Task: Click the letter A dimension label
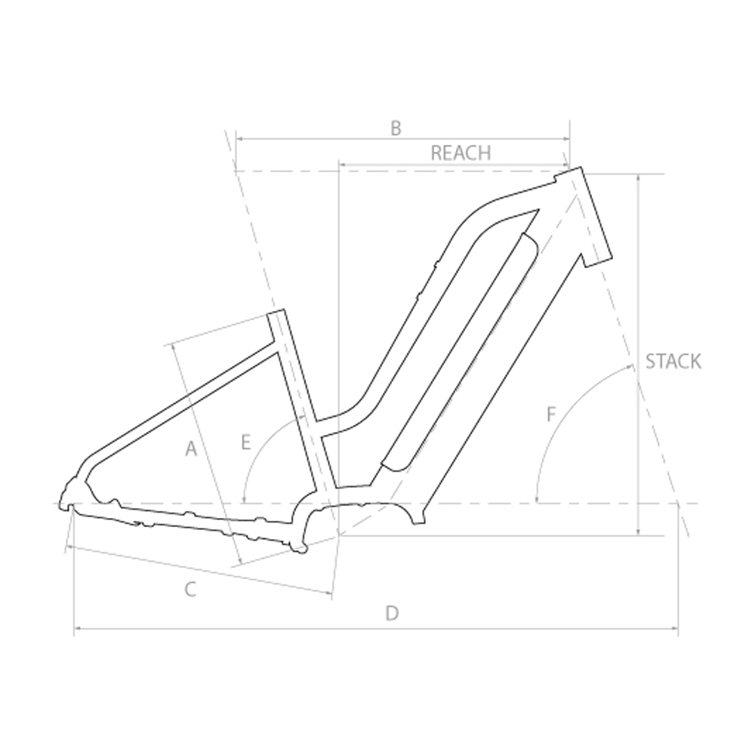191,448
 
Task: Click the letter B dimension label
396,128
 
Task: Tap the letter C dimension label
190,589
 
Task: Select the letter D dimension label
393,613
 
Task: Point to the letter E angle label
246,442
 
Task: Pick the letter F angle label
551,414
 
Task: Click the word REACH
461,153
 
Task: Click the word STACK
673,361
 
